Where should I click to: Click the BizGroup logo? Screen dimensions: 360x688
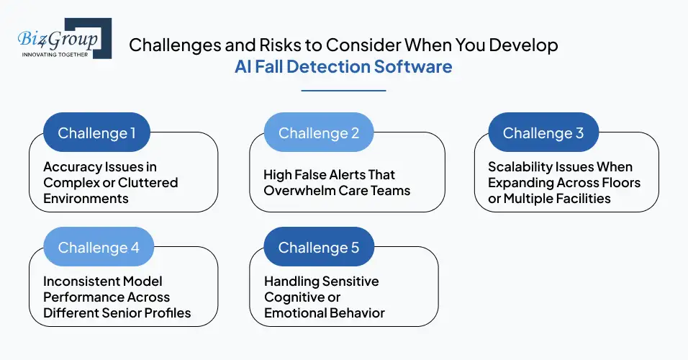point(63,39)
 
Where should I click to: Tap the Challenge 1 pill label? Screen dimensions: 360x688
point(96,133)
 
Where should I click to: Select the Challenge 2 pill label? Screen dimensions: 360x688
point(317,133)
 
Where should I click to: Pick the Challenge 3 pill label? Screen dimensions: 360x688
point(543,133)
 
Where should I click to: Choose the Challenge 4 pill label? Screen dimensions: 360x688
point(98,248)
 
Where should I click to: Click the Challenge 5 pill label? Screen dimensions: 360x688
point(318,248)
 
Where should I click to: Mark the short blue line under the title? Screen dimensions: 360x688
point(343,91)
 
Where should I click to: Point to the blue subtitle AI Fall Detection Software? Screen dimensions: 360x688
point(343,67)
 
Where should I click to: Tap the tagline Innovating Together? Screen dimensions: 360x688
point(55,54)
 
